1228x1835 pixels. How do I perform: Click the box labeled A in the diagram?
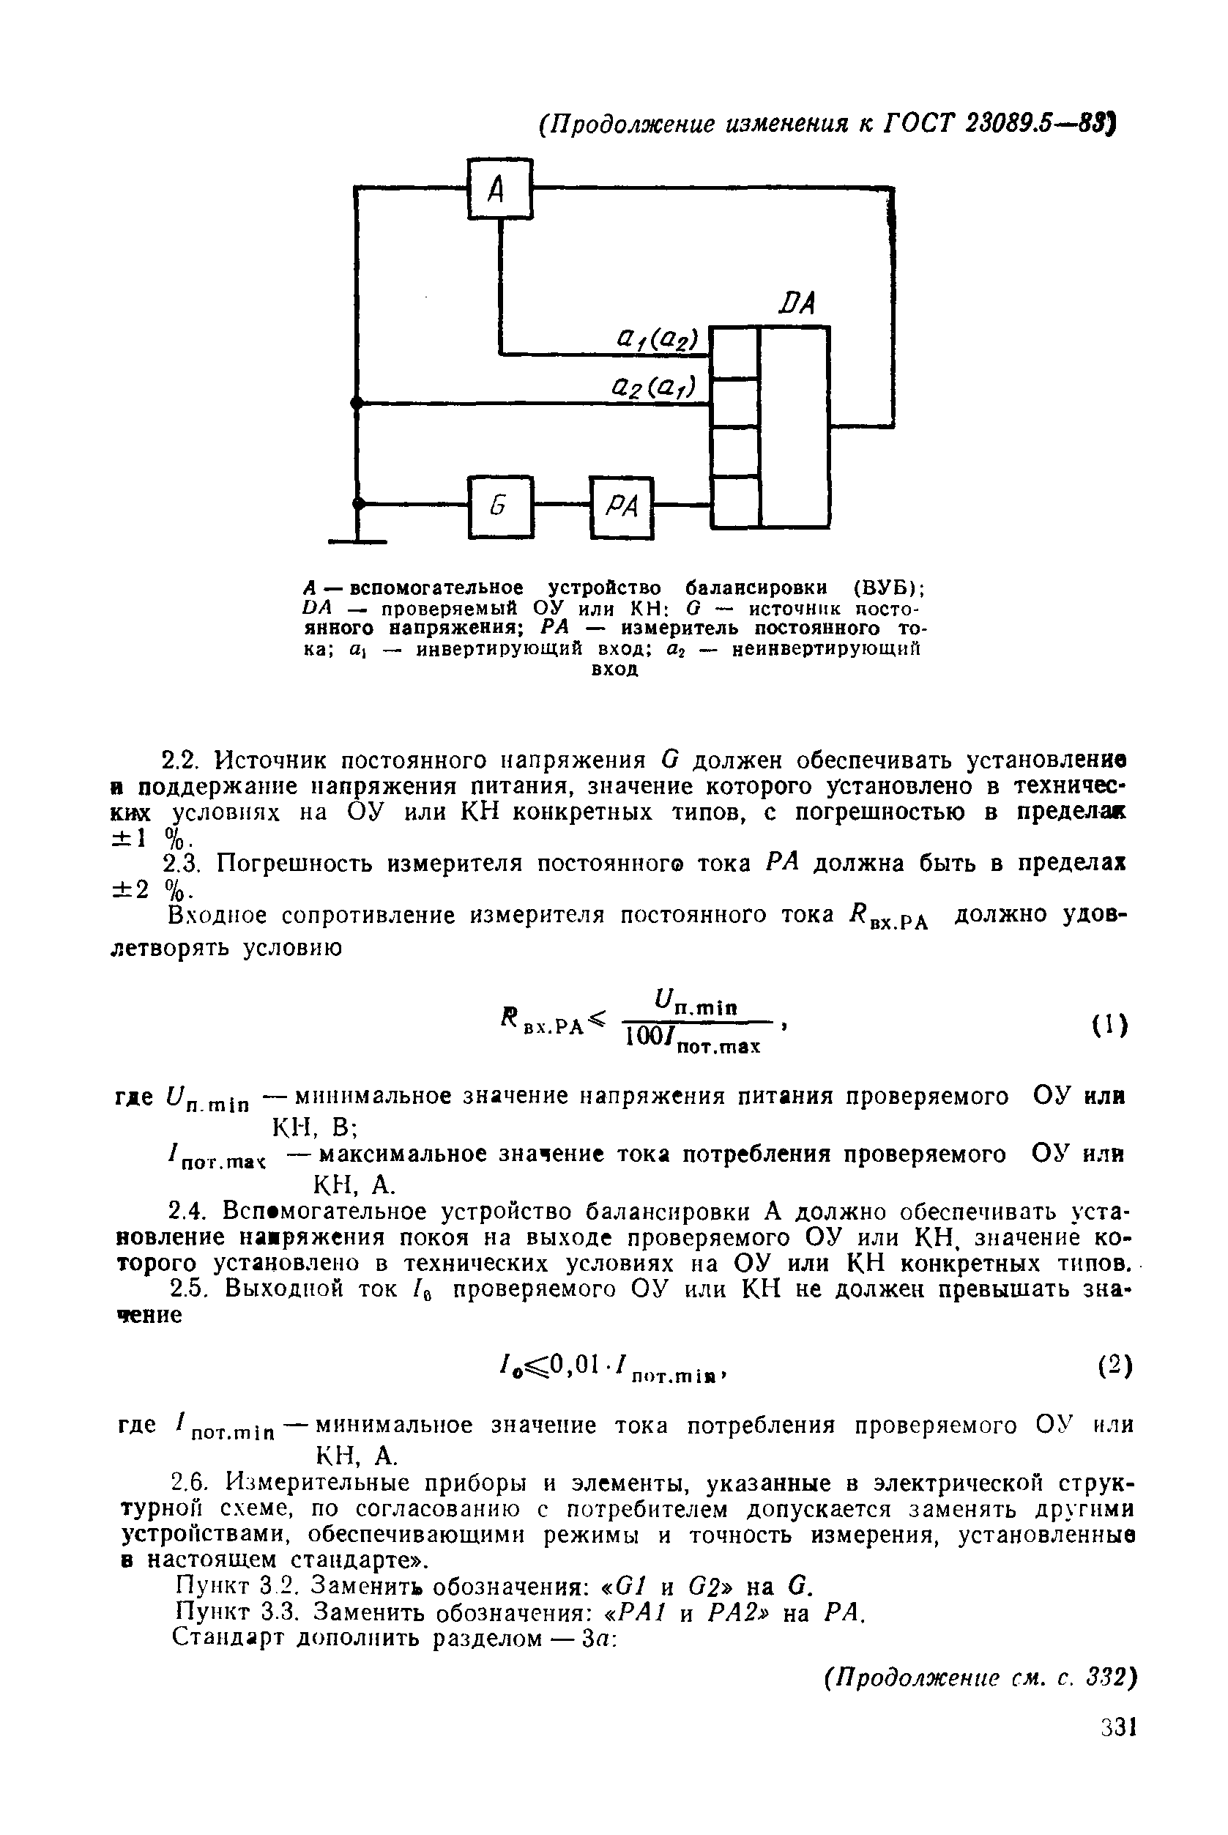pos(499,189)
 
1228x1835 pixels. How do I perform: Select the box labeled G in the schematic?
pos(500,507)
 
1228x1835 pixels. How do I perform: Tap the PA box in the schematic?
pos(622,507)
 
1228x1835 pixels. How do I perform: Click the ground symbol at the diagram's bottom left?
pos(357,540)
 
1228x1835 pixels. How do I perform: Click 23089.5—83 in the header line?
pos(1037,124)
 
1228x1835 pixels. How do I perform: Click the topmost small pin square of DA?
pos(734,352)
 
